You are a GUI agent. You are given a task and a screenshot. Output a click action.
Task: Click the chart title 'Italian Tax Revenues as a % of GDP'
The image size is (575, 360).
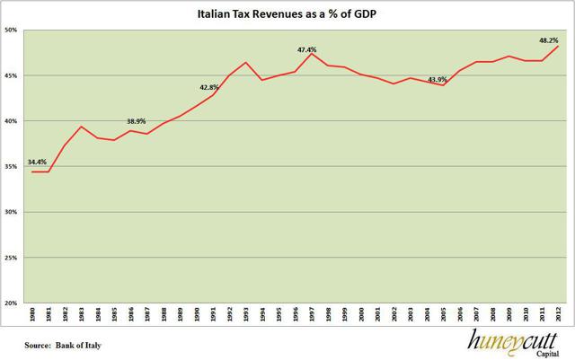287,14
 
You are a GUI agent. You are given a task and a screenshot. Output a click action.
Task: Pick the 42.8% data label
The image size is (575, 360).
209,87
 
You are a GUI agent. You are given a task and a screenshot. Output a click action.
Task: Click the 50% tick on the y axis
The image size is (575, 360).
13,30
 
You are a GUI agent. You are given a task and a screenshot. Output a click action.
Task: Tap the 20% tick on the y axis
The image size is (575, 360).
13,303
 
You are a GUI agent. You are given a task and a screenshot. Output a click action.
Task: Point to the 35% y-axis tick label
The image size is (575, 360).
13,167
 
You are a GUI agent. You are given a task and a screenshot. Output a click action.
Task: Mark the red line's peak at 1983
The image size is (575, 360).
82,127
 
